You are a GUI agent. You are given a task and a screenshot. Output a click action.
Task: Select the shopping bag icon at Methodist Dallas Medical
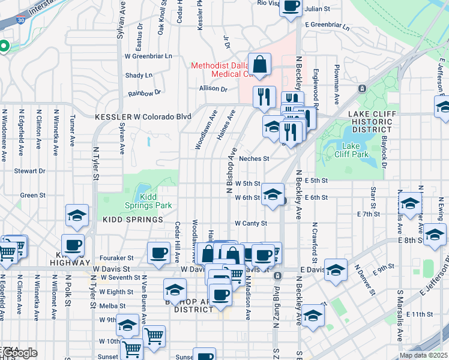(260, 64)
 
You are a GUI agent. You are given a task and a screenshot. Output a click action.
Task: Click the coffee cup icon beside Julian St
(291, 7)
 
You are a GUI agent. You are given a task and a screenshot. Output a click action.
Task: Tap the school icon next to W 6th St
(273, 194)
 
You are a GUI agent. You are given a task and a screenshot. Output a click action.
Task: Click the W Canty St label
(250, 224)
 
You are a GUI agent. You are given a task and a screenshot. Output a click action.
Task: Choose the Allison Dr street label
(214, 89)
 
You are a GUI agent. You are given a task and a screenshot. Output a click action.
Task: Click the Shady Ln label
(139, 75)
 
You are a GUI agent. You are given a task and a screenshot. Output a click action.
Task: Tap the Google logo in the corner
(19, 353)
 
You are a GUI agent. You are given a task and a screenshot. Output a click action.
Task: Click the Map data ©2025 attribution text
(423, 355)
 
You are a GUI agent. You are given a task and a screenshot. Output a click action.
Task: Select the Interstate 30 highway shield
(4, 20)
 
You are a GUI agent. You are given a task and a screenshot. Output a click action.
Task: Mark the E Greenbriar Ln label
(327, 25)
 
